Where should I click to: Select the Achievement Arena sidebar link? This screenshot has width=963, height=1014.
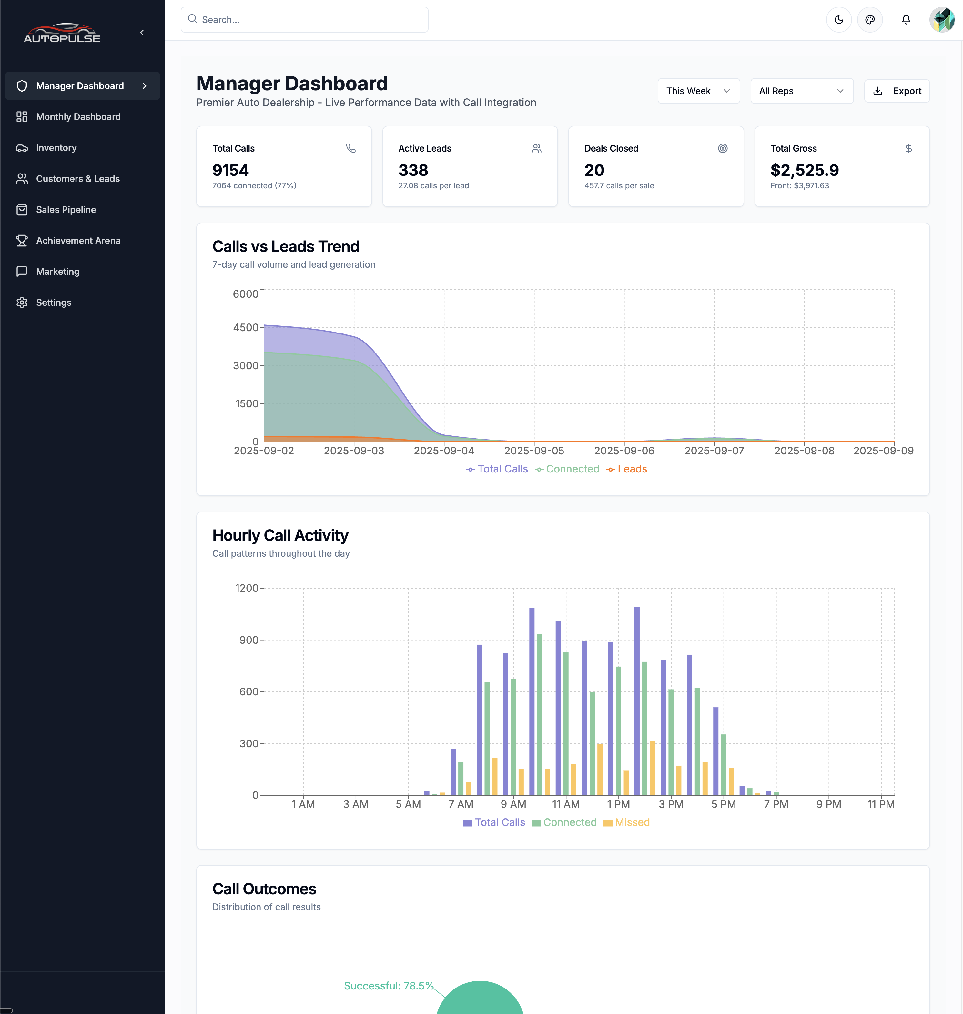[78, 241]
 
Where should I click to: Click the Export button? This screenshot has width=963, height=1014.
[897, 91]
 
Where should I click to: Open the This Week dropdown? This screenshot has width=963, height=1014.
[698, 91]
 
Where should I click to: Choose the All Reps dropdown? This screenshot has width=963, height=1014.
[801, 91]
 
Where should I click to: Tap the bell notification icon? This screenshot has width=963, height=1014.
[906, 19]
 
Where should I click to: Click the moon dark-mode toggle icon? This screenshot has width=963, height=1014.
[839, 19]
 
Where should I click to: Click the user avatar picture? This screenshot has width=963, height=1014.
[942, 19]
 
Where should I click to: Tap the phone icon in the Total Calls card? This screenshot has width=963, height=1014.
[350, 148]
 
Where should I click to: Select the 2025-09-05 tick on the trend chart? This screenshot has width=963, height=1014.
[534, 450]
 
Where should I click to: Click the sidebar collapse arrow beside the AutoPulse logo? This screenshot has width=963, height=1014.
[142, 33]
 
